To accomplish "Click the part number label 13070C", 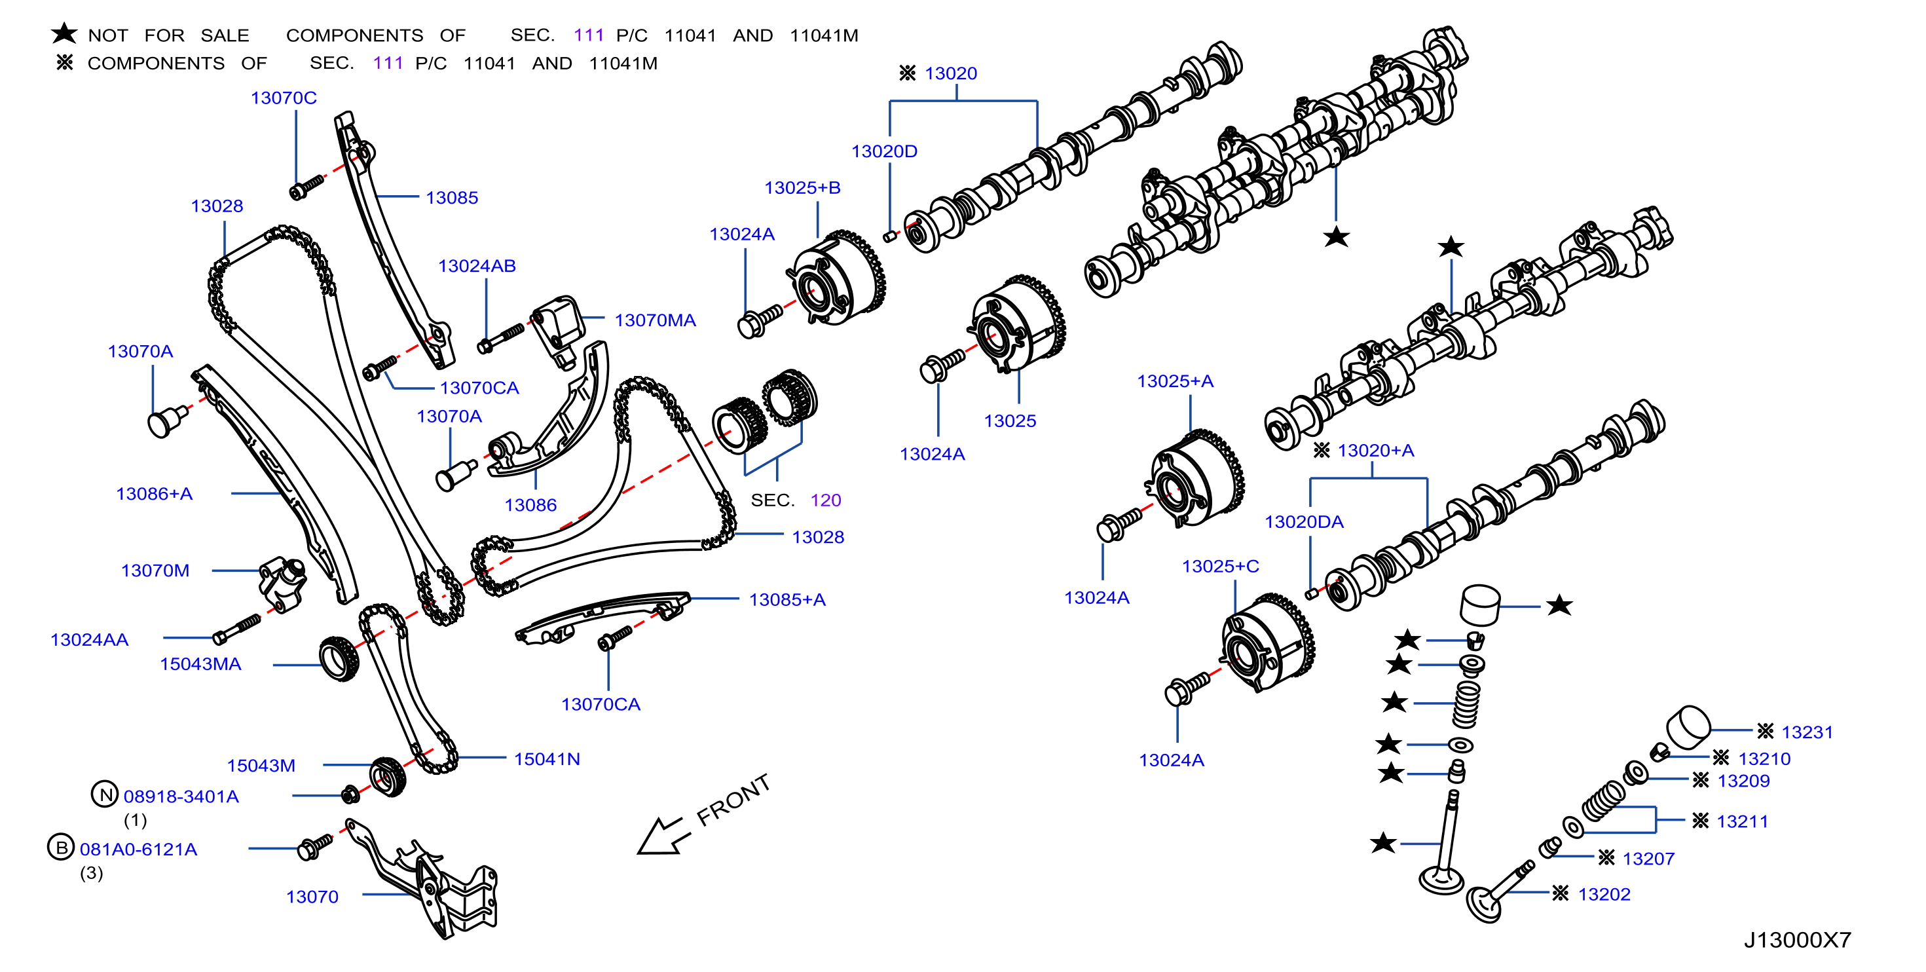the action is [284, 98].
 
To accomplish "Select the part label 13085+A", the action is [787, 600].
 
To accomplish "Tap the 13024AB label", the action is [477, 266].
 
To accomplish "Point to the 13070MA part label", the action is [655, 321].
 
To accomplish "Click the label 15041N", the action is [547, 760].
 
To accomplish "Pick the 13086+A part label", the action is [154, 495].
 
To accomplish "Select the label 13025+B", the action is [802, 188].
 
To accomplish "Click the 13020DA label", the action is [1304, 522].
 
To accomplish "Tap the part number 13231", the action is [1807, 733].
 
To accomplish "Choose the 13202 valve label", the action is [1604, 894].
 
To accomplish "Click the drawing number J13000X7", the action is [1798, 940].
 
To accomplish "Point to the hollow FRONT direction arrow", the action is [660, 836].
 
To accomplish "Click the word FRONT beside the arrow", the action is [733, 800].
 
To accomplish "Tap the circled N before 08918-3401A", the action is [105, 794].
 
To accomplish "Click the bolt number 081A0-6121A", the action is [138, 850].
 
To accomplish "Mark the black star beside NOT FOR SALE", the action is [64, 33].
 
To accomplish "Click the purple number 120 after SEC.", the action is [825, 500].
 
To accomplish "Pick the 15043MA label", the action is [200, 664].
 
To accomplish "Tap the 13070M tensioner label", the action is [155, 570].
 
